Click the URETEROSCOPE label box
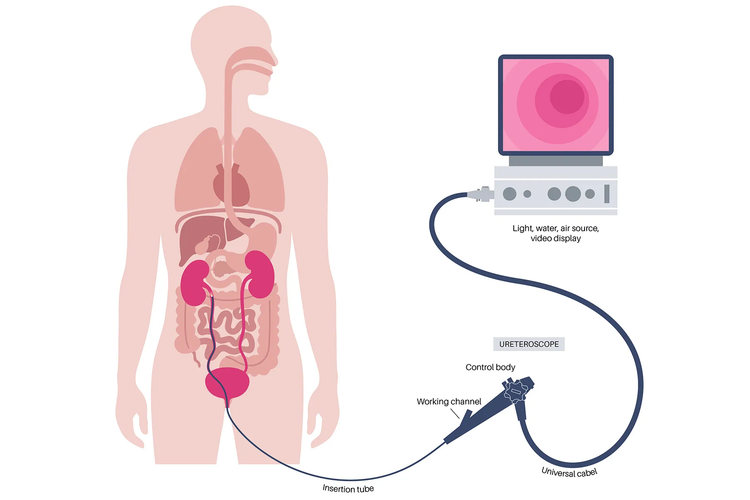click(529, 344)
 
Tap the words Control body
click(490, 367)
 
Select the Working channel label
click(449, 401)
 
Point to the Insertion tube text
click(348, 488)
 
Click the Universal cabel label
click(569, 472)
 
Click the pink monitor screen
click(556, 105)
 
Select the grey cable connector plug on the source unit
click(481, 194)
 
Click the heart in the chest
click(230, 185)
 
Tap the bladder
click(227, 382)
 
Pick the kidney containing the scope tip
click(194, 283)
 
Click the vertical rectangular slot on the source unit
click(607, 194)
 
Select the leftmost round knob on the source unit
click(510, 194)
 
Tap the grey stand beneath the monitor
click(555, 161)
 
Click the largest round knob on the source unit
click(573, 194)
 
